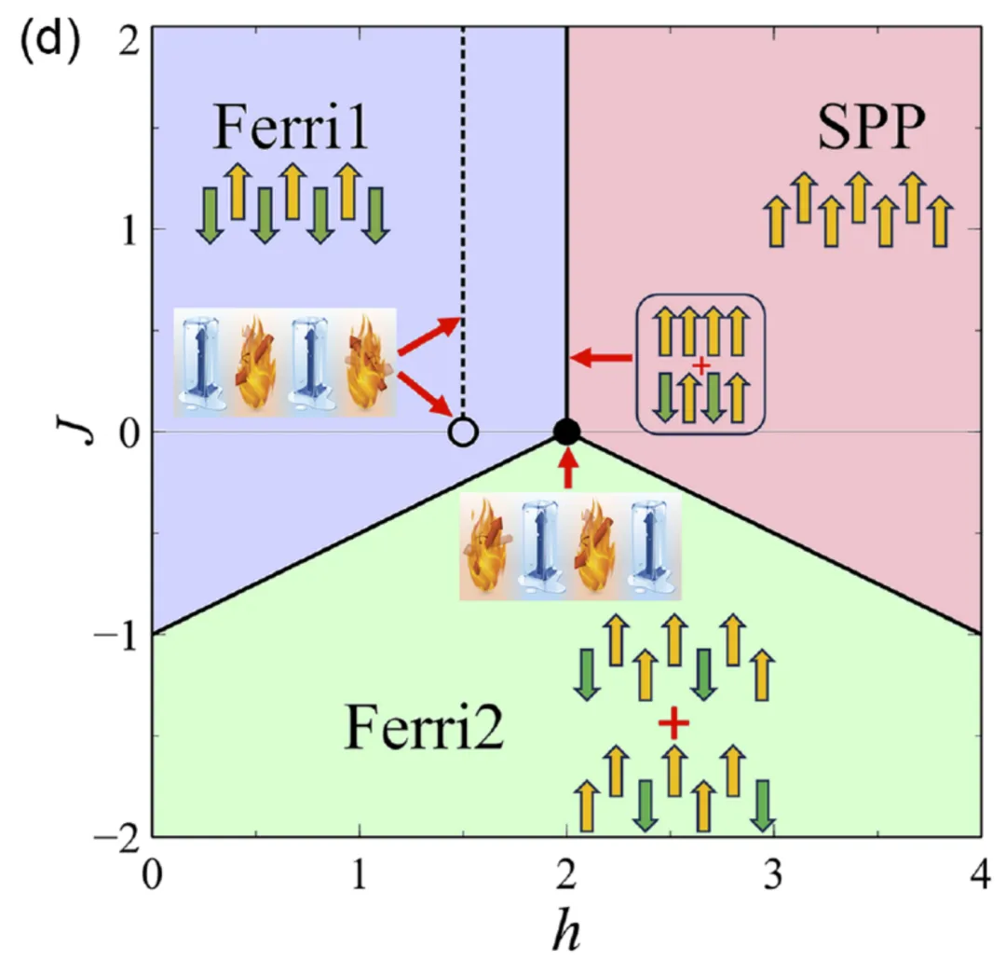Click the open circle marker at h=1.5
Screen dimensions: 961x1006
tap(463, 432)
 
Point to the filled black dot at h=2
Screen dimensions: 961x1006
tap(566, 431)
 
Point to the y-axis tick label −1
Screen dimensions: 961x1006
tap(115, 634)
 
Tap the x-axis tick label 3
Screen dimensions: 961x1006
tap(774, 875)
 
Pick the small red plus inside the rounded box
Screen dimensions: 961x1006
tap(700, 365)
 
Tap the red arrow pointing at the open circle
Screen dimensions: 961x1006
tap(428, 396)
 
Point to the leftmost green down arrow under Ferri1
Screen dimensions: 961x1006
tap(210, 214)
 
